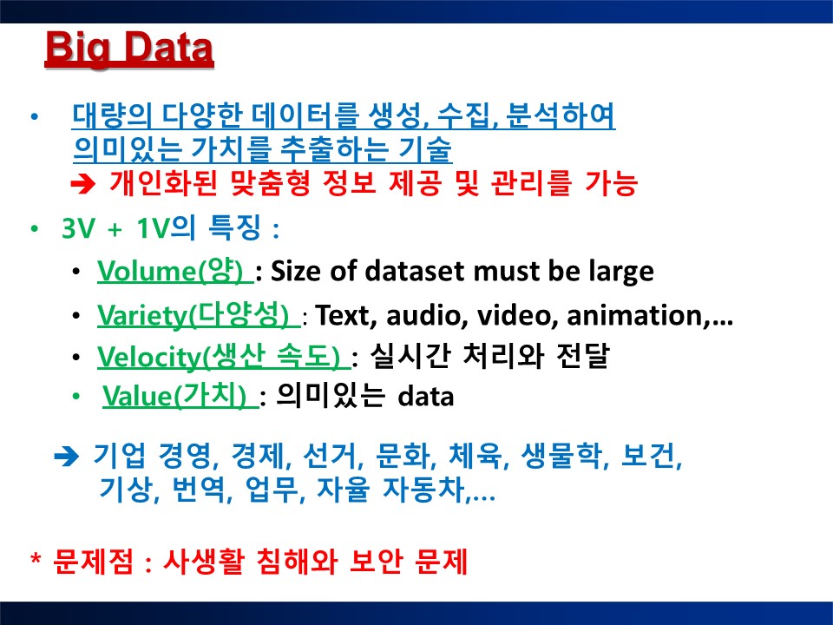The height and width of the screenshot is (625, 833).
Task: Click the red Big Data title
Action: pyautogui.click(x=129, y=49)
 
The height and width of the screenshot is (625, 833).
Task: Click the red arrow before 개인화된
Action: pyautogui.click(x=83, y=184)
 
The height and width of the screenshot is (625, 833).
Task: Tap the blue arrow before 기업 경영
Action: pyautogui.click(x=67, y=457)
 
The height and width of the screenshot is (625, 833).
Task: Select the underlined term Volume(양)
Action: pyautogui.click(x=175, y=271)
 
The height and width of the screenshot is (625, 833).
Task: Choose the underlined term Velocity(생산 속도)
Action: pyautogui.click(x=224, y=356)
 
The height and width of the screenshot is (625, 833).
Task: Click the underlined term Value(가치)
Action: pyautogui.click(x=180, y=396)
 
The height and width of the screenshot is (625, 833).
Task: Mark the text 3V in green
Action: pyautogui.click(x=78, y=228)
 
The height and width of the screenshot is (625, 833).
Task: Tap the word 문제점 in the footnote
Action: pyautogui.click(x=94, y=562)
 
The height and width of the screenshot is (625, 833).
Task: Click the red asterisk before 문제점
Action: pyautogui.click(x=36, y=559)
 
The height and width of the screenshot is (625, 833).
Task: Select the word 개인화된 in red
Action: pyautogui.click(x=164, y=183)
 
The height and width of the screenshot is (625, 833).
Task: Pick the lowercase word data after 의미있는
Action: pyautogui.click(x=426, y=397)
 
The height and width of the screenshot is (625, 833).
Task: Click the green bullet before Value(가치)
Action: pyautogui.click(x=76, y=396)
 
